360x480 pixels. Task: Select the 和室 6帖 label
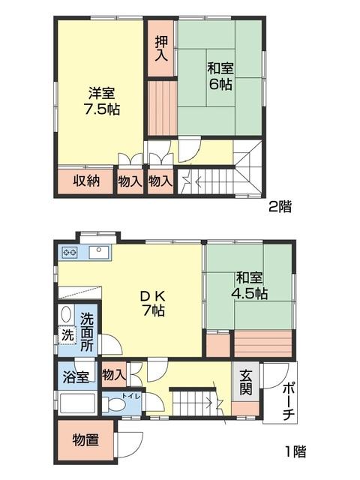point(219,74)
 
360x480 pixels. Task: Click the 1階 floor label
point(295,451)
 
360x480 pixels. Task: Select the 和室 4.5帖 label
point(248,285)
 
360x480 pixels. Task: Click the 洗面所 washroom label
point(88,331)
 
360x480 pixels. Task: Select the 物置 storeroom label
point(85,439)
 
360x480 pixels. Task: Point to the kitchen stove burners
point(70,252)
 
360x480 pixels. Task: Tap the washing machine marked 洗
point(67,335)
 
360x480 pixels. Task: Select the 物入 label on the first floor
point(113,373)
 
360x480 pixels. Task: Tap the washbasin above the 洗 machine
point(66,315)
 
